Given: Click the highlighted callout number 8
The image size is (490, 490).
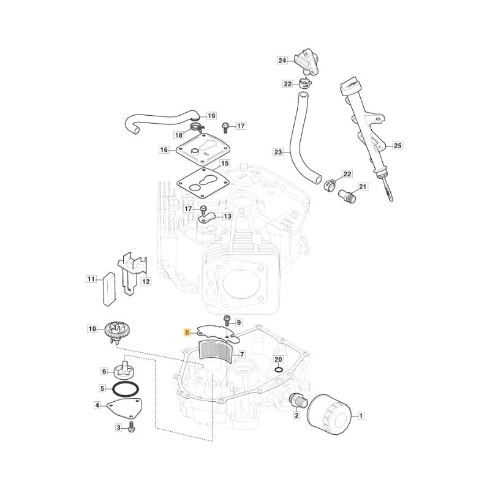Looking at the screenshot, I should [187, 333].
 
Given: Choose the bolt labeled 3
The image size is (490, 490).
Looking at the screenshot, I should [132, 427].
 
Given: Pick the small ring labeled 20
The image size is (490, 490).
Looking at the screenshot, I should [279, 369].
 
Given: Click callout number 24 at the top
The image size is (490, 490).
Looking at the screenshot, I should [282, 60].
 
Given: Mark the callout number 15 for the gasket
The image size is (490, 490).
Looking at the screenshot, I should [225, 164].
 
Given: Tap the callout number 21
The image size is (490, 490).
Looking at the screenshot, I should [362, 186].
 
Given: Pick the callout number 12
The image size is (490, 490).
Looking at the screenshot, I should [146, 281].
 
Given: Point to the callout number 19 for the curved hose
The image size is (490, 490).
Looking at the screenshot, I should [211, 116].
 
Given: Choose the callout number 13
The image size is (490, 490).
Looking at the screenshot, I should [227, 216].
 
